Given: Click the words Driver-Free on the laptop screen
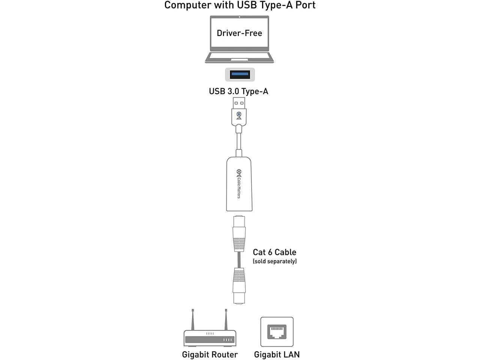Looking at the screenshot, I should (239, 33).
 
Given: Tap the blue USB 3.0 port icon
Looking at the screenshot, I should (240, 74).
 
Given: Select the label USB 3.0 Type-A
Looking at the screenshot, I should (238, 91).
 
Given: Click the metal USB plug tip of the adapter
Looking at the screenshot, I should (239, 102).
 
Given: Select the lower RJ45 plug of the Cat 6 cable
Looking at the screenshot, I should (239, 285).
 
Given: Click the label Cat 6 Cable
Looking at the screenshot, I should (274, 252).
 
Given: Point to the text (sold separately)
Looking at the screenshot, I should (274, 261).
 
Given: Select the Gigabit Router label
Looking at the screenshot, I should (210, 354).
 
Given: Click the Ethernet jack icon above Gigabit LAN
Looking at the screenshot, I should (277, 332).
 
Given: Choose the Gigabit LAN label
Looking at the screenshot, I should (277, 354).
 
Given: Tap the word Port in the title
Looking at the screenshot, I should (305, 5).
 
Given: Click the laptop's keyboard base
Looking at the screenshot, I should (239, 57).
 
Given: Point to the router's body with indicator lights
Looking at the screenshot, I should (210, 338).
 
